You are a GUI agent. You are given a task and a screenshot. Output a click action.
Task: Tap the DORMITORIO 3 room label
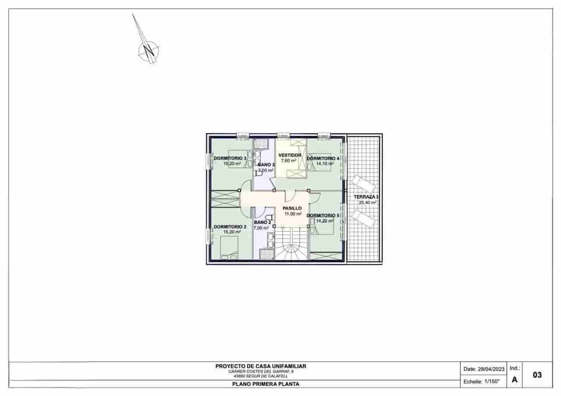click(x=230, y=158)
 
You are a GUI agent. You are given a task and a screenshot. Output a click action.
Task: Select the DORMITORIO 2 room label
click(x=230, y=227)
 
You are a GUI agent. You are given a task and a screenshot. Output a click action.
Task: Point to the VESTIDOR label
click(x=290, y=155)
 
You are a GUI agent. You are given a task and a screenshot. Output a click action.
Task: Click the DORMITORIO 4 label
click(x=323, y=158)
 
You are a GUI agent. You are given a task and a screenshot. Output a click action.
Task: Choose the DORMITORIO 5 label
click(x=323, y=216)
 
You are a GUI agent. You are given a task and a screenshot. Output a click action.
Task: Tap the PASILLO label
click(x=292, y=208)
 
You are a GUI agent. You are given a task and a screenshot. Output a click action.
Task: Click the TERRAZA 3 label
click(x=366, y=197)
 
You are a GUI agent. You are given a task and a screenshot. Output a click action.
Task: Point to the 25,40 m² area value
click(x=367, y=203)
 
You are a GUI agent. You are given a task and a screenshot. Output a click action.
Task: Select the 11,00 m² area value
click(x=293, y=214)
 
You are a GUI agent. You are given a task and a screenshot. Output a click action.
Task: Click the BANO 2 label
click(x=262, y=222)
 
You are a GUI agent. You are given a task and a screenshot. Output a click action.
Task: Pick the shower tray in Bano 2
click(x=266, y=254)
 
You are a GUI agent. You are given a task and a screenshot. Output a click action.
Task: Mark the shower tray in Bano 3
click(x=261, y=144)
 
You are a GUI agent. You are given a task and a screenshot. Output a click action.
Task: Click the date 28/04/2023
click(x=491, y=369)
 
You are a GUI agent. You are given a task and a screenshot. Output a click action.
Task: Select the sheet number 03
click(x=537, y=375)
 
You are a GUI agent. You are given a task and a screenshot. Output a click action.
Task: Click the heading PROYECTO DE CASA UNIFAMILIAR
click(x=260, y=366)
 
